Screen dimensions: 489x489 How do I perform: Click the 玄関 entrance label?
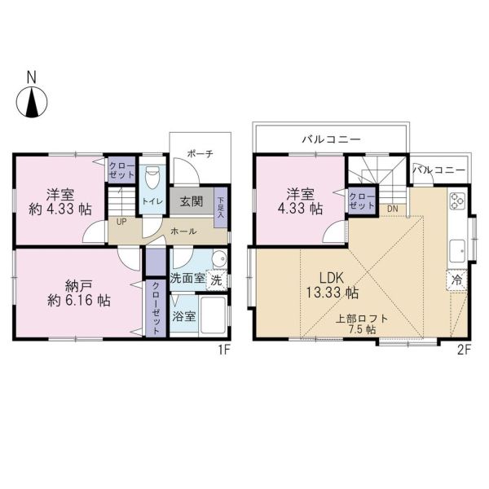coord(192,202)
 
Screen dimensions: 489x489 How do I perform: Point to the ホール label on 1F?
coord(183,231)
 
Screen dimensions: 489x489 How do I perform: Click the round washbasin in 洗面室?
coord(219,258)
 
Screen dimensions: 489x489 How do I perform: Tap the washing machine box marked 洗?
coord(217,280)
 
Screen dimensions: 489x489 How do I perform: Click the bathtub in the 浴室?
coord(213,315)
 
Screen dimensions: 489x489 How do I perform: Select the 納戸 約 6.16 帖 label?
coord(79,293)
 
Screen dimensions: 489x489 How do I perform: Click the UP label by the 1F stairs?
coord(121,222)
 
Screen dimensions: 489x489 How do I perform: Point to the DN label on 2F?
coord(393,209)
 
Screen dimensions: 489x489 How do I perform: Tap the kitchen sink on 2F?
coord(457,251)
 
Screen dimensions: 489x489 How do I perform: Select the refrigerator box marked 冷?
coord(456,280)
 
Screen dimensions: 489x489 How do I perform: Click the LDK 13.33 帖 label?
coord(332,285)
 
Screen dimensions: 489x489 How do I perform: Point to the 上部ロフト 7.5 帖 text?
coord(362,324)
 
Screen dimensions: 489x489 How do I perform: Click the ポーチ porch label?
coord(200,154)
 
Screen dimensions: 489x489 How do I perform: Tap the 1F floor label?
coord(224,350)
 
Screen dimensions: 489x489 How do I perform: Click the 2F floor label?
coord(464,350)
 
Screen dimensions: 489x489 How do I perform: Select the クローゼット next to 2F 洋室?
coord(362,201)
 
